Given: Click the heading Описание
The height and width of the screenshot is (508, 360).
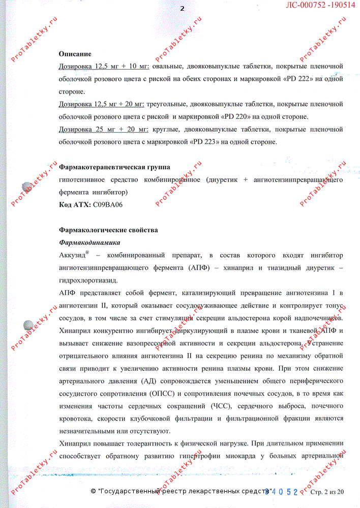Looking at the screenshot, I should pyautogui.click(x=75, y=54).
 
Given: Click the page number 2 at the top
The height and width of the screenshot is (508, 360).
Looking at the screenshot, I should pyautogui.click(x=182, y=9).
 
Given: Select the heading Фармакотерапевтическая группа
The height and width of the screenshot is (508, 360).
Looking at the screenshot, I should pyautogui.click(x=114, y=167).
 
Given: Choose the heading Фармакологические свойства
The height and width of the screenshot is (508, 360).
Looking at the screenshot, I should pyautogui.click(x=108, y=230).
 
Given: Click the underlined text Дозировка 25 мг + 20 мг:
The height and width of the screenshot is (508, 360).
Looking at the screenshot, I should pyautogui.click(x=103, y=130).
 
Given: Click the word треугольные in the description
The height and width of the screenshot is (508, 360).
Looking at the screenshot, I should pyautogui.click(x=168, y=104).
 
